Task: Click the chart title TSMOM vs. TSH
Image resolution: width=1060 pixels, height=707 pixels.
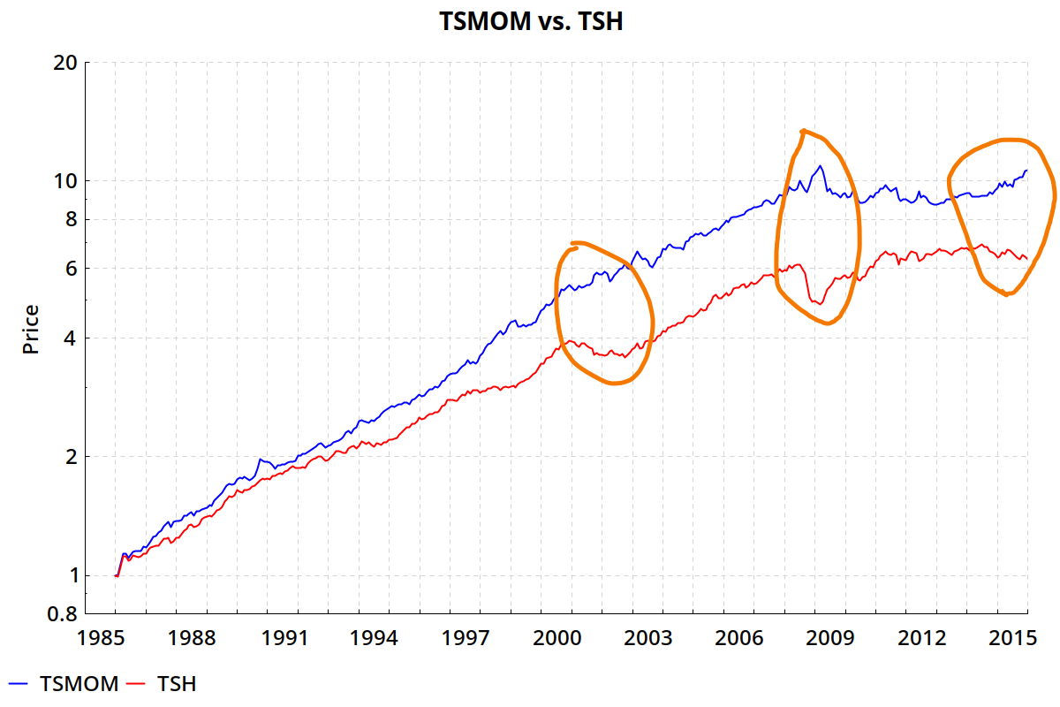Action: (531, 21)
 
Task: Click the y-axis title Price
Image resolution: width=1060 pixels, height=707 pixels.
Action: (32, 329)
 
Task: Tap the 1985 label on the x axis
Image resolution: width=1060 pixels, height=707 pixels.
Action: (115, 638)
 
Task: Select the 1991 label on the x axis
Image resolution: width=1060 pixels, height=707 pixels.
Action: (298, 638)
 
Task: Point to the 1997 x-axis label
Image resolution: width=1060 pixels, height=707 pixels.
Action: (481, 638)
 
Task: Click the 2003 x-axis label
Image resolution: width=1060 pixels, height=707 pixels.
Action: (663, 638)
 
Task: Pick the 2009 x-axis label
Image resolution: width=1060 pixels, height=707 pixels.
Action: (846, 638)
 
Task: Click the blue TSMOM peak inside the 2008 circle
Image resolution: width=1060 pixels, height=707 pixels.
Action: (821, 166)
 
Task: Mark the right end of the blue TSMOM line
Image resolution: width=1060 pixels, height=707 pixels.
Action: (1026, 171)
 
